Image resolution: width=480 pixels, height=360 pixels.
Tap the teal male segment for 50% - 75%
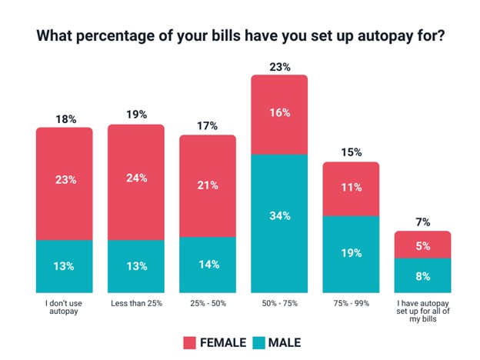278,223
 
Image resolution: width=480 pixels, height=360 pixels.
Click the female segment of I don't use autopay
64,183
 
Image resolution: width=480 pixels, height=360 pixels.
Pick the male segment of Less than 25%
135,266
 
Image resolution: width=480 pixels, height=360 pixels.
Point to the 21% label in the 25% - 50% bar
208,185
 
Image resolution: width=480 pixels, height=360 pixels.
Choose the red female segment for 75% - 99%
351,188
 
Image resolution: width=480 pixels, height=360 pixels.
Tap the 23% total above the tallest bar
279,67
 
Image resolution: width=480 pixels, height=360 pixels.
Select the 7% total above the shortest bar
422,222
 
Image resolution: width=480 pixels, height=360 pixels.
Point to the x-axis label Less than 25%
135,303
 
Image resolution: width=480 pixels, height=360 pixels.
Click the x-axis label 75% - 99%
351,303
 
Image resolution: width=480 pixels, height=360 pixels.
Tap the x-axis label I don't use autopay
64,308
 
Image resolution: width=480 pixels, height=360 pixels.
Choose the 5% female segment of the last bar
422,245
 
